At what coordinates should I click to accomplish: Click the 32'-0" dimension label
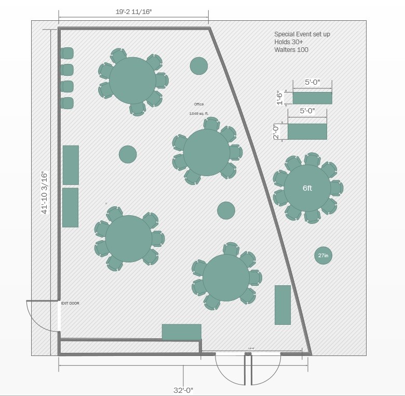click(x=183, y=390)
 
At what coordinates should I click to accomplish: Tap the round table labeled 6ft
click(x=307, y=188)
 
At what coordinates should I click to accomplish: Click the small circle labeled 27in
click(x=323, y=255)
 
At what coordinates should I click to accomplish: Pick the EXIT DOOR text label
click(x=70, y=303)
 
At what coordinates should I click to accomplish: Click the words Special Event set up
click(x=302, y=34)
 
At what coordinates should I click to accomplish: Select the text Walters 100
click(x=291, y=50)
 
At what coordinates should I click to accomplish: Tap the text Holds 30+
click(x=289, y=42)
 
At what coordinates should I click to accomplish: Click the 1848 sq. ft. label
click(x=199, y=113)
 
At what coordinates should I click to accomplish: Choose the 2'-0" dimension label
click(x=276, y=131)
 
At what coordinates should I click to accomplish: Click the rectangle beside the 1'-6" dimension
click(x=312, y=98)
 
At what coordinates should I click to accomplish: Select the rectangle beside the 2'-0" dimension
click(x=307, y=131)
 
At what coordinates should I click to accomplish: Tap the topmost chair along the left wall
click(x=67, y=53)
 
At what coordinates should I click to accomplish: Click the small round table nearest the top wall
click(x=199, y=66)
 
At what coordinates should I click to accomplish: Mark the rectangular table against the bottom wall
click(x=181, y=332)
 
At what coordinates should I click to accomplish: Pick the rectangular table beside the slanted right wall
click(x=282, y=305)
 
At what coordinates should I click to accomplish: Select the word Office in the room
click(x=199, y=104)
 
